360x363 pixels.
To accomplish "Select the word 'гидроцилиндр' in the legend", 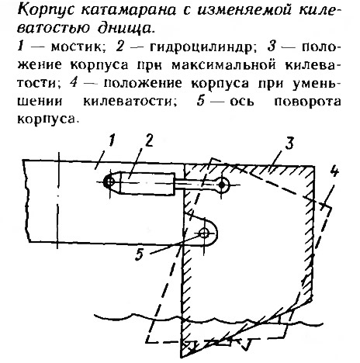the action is (200, 47).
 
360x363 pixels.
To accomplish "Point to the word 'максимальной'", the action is (223, 66).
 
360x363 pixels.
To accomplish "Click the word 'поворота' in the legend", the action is (307, 102).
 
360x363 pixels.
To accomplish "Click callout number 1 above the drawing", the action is (111, 142).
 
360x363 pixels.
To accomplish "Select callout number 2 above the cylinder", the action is (149, 141).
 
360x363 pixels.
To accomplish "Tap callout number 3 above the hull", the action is (289, 143).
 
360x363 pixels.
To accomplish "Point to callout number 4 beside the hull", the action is (334, 171).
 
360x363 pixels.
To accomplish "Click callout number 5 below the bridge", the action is (139, 254).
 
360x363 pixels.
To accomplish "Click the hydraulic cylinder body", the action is (147, 183).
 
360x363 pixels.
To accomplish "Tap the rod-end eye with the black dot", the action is (222, 185).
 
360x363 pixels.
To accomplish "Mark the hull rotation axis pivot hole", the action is (204, 234).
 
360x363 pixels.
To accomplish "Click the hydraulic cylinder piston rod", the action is (195, 183).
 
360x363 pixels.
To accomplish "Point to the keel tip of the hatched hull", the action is (182, 357).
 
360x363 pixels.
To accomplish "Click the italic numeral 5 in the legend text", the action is (201, 101).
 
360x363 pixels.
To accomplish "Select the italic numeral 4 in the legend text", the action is (74, 83).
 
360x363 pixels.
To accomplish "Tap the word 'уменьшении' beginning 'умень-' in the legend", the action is (317, 84).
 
